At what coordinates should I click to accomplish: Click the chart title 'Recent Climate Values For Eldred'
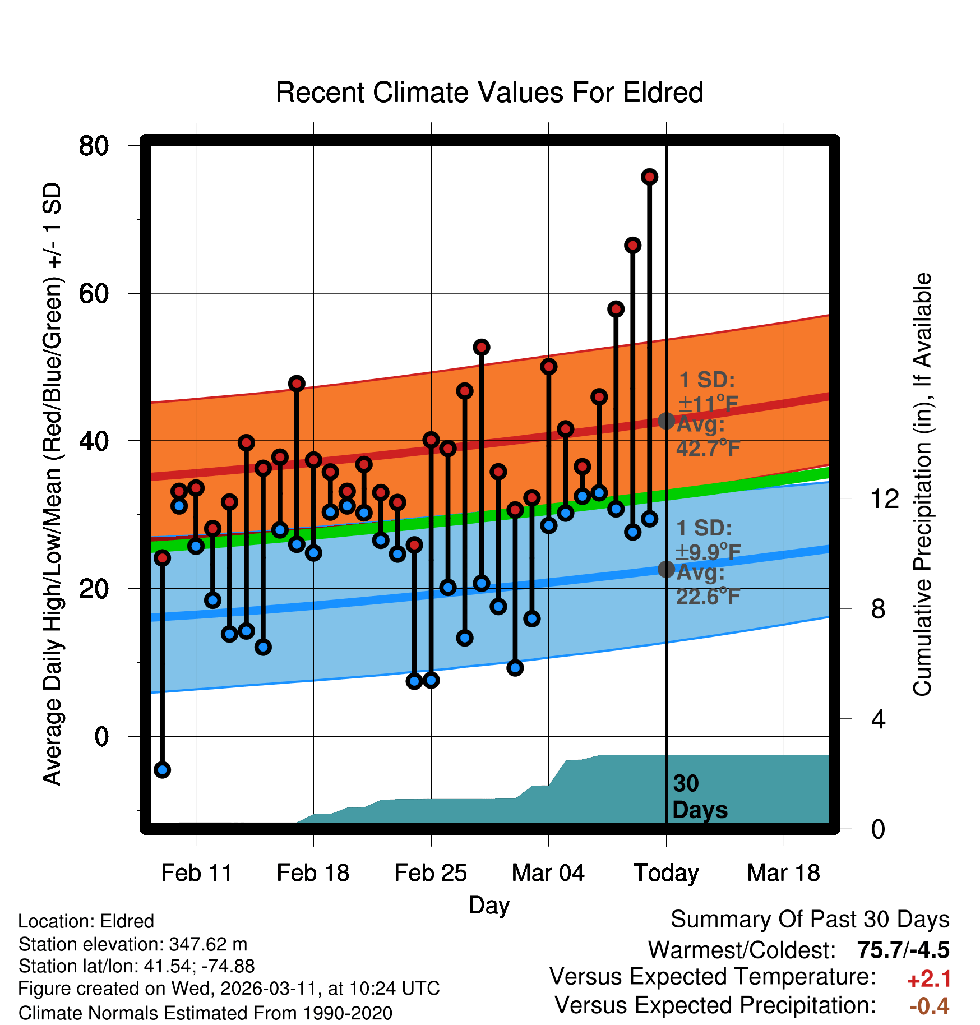pyautogui.click(x=489, y=93)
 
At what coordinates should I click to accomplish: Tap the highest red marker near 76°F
pyautogui.click(x=649, y=177)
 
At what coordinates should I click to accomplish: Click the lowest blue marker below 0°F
pyautogui.click(x=162, y=770)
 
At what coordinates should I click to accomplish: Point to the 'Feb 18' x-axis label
pyautogui.click(x=313, y=873)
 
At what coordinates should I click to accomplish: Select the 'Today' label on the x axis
pyautogui.click(x=666, y=873)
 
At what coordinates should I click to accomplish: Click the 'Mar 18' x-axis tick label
pyautogui.click(x=783, y=873)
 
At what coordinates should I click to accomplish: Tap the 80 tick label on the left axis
pyautogui.click(x=94, y=146)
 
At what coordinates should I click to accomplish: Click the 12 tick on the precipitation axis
pyautogui.click(x=884, y=498)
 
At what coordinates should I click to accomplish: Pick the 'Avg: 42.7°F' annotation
pyautogui.click(x=708, y=436)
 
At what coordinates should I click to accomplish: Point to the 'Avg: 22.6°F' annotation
pyautogui.click(x=708, y=584)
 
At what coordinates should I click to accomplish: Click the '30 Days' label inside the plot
pyautogui.click(x=699, y=797)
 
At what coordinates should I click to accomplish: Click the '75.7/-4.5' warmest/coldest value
pyautogui.click(x=903, y=950)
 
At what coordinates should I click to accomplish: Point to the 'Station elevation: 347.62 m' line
pyautogui.click(x=133, y=944)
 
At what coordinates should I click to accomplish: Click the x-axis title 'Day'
pyautogui.click(x=489, y=906)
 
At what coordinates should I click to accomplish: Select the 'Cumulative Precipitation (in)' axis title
pyautogui.click(x=922, y=484)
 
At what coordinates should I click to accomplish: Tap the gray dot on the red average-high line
pyautogui.click(x=666, y=421)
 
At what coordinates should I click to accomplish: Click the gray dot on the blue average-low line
pyautogui.click(x=666, y=569)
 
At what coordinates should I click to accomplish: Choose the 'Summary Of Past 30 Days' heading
pyautogui.click(x=810, y=920)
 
